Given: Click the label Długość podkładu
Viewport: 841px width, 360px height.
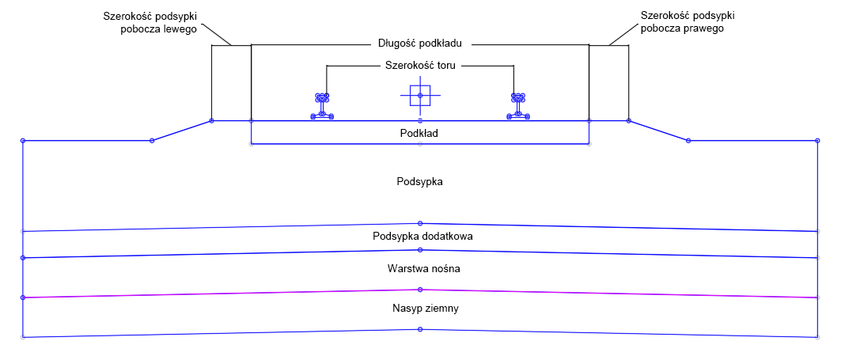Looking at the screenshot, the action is tap(420, 44).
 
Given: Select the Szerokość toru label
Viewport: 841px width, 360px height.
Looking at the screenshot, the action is tap(421, 66).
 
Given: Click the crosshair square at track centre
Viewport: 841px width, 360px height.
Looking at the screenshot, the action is tap(420, 96).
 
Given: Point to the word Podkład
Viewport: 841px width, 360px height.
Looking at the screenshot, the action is tap(420, 133).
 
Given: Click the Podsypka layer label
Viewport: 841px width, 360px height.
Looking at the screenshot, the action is tap(420, 181).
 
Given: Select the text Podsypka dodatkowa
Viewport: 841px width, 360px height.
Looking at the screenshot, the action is tap(422, 236).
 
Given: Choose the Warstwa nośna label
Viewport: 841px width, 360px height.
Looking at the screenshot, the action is tap(422, 269).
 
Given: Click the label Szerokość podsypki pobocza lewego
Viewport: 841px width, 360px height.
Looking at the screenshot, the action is tap(150, 22).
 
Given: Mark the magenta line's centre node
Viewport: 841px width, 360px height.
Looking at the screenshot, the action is tap(420, 290).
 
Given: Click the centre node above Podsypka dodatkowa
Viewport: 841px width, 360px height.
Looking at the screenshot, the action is tap(420, 223).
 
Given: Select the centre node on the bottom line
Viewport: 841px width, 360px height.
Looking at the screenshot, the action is tap(420, 329).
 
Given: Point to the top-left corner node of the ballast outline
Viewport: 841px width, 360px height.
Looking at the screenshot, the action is tap(22, 141).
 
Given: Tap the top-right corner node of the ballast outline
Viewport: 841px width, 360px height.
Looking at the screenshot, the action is tap(816, 141).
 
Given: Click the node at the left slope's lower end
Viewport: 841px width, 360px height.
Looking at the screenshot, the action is tap(152, 141).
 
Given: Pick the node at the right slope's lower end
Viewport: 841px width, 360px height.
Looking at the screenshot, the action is tap(688, 141).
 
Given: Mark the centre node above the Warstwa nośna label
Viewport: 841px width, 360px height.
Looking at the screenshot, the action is tap(420, 250).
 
